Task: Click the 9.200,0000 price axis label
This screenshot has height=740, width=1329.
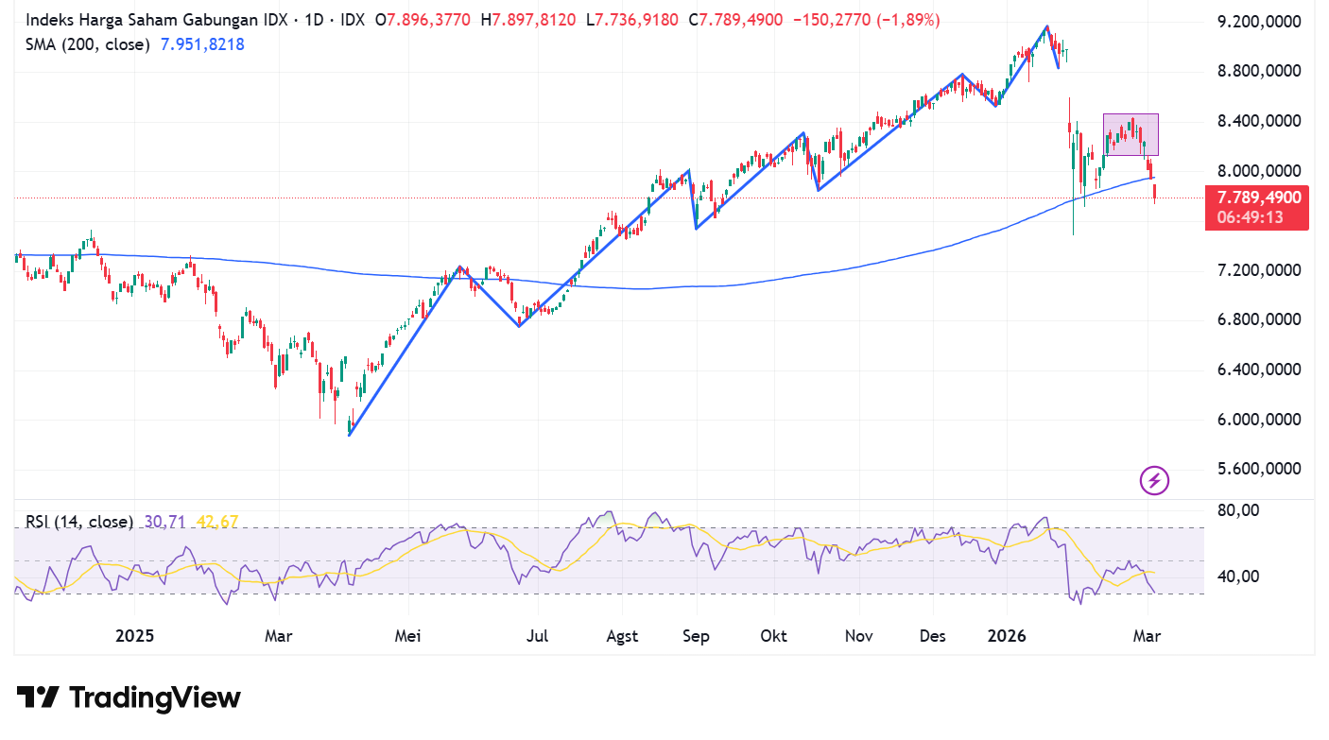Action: pos(1259,22)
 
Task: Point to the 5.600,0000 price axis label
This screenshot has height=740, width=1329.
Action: pos(1259,470)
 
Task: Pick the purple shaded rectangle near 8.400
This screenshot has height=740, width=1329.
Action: pos(1131,134)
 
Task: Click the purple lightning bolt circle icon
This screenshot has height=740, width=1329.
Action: pos(1154,480)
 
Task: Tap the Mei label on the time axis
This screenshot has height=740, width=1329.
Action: pos(408,636)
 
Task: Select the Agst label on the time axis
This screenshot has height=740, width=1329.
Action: pos(622,636)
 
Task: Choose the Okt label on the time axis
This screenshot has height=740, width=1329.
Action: pos(773,636)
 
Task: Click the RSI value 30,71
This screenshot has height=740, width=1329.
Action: pos(166,522)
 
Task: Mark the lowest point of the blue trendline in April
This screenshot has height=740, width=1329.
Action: pos(349,435)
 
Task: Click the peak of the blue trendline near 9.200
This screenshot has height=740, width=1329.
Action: pos(1046,26)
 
